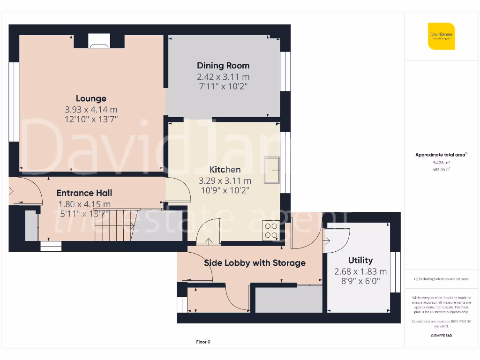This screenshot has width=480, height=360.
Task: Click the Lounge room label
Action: [91, 98]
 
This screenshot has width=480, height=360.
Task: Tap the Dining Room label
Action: [223, 66]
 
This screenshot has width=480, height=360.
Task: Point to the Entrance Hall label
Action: [84, 193]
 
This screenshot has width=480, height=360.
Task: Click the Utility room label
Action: [360, 260]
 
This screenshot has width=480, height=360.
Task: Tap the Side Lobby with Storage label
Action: [255, 263]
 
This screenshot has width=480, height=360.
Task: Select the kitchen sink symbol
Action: [271, 170]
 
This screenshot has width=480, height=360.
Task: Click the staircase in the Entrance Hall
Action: [115, 225]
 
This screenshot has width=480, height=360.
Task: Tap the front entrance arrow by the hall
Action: [10, 191]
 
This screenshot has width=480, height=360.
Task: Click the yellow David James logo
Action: [441, 36]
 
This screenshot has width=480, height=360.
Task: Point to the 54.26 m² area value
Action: [441, 163]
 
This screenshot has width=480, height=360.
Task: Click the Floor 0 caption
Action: [203, 342]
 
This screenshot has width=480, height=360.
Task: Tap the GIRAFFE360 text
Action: [441, 336]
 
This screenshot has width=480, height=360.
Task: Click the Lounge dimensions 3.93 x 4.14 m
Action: [91, 109]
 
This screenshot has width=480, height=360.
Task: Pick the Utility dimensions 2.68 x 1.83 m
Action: [360, 271]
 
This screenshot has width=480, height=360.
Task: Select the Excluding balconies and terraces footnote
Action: [441, 279]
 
